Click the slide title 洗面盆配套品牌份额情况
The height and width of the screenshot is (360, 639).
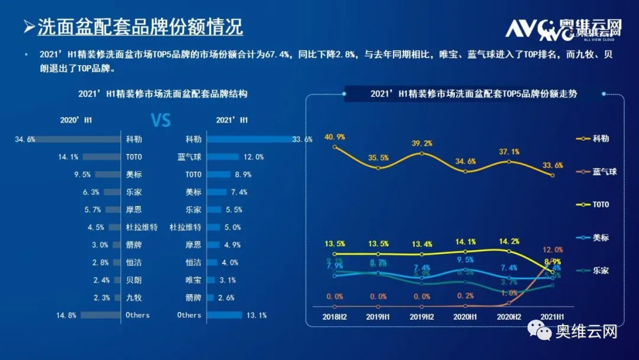140,27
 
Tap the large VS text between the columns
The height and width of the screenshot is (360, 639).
161,121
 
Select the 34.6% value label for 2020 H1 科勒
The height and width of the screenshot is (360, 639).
25,140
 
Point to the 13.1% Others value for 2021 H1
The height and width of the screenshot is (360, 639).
257,315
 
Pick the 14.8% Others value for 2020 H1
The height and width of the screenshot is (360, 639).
67,315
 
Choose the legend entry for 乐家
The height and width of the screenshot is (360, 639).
601,270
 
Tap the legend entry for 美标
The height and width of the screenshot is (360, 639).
601,237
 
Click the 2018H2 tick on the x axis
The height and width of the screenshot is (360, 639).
335,317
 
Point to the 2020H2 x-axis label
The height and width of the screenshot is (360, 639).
508,317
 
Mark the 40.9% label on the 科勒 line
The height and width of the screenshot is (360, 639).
335,137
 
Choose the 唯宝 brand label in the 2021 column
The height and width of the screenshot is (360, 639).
193,280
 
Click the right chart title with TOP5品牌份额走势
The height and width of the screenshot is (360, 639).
473,94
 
